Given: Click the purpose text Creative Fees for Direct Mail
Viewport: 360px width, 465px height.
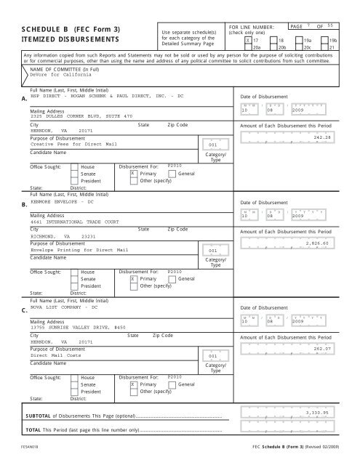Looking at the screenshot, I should (60, 145).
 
